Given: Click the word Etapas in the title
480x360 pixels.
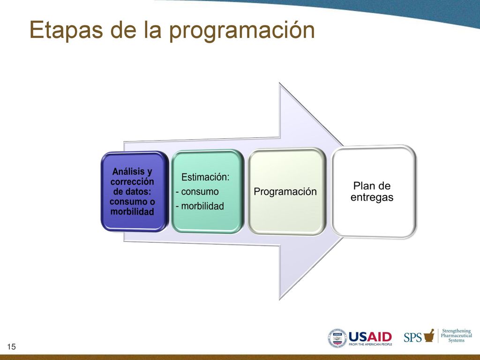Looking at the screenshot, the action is (66, 30).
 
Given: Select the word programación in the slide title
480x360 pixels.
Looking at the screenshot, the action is (242, 30).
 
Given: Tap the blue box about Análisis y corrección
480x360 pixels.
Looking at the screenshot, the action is (135, 191).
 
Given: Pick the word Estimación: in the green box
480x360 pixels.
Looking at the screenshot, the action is (205, 177).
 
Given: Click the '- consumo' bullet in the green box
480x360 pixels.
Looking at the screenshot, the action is (197, 192).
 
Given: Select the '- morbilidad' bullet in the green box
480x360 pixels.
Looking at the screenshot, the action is (200, 206).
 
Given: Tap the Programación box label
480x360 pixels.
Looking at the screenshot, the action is (285, 192).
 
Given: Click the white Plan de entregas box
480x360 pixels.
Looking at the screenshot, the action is (374, 192).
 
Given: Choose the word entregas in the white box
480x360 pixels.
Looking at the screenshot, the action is (372, 197).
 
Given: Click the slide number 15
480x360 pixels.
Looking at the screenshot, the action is (11, 346).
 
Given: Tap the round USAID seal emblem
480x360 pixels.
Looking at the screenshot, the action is (337, 338).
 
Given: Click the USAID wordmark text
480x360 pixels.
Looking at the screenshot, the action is (370, 337).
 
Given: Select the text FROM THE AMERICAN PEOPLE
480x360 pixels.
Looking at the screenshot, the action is (370, 345).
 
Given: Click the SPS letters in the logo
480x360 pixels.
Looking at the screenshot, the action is (412, 337).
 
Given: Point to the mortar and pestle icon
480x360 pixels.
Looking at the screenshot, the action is (429, 336).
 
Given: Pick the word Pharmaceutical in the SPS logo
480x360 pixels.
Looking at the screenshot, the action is (457, 336).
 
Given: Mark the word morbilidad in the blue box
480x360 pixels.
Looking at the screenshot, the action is (132, 211).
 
